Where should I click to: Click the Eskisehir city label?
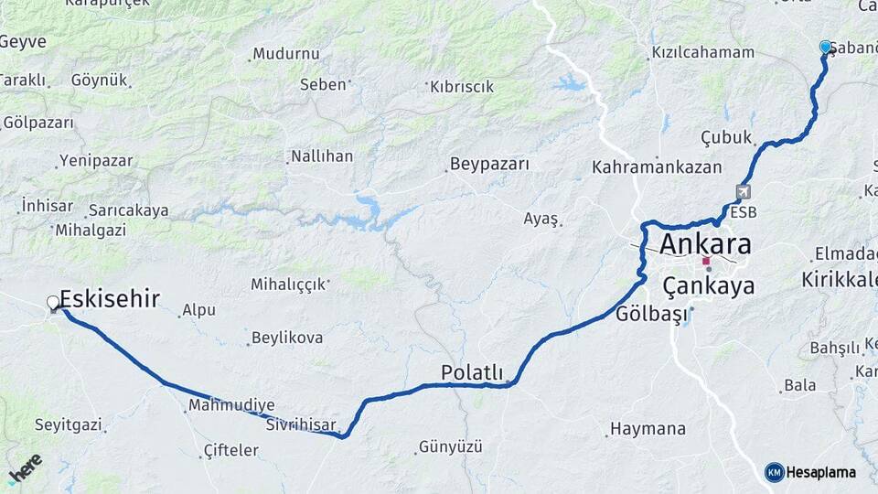click(110, 298)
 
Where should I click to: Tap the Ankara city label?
click(705, 244)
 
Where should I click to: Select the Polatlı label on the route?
click(472, 372)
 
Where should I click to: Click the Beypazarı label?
click(489, 165)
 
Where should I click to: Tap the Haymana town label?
click(648, 428)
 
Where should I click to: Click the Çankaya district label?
click(709, 286)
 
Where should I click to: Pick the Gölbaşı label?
click(650, 315)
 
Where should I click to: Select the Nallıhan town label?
click(322, 156)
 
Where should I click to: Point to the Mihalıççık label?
click(288, 285)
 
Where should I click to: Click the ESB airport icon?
click(743, 193)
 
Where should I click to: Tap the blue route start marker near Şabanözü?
click(825, 47)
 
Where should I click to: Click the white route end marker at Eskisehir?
click(53, 303)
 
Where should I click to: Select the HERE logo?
click(25, 468)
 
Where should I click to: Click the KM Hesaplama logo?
click(810, 472)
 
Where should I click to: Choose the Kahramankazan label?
click(657, 167)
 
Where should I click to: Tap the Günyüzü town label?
click(450, 447)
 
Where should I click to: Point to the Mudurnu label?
click(286, 54)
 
